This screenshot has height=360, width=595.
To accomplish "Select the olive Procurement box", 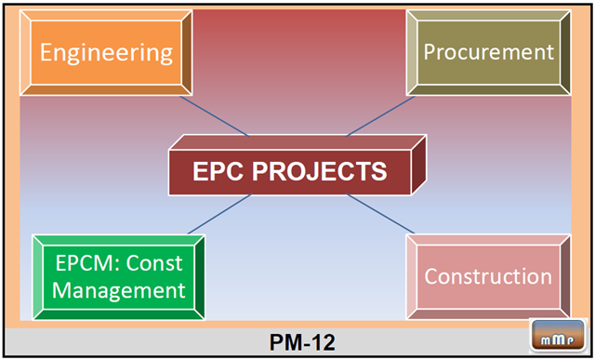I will [x=488, y=51].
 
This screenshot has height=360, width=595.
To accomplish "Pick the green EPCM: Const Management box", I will [x=118, y=277].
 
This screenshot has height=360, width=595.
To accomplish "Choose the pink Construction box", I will [x=488, y=276].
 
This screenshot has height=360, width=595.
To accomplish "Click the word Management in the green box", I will [x=118, y=290].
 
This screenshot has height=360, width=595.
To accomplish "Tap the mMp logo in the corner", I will [x=554, y=338].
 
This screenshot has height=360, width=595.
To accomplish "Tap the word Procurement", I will [x=488, y=51].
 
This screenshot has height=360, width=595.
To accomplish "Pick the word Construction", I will [x=488, y=276].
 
